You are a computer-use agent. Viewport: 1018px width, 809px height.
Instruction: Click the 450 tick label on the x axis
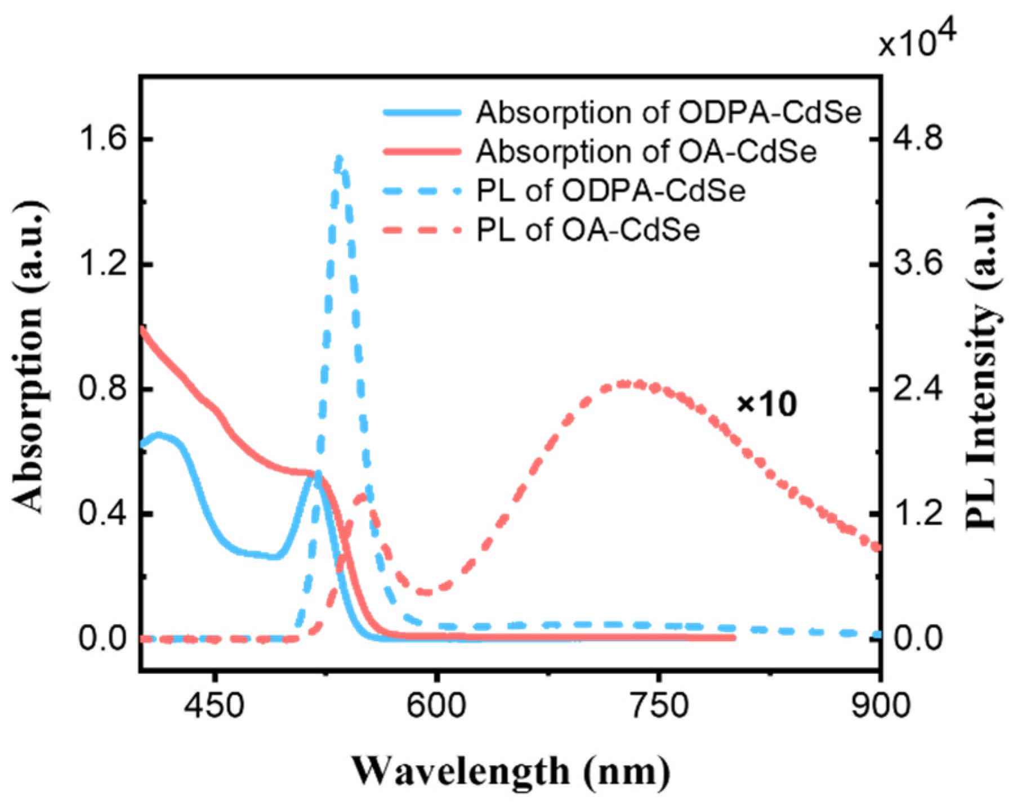click(214, 705)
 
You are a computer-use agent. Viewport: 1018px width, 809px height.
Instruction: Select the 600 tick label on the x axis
click(436, 705)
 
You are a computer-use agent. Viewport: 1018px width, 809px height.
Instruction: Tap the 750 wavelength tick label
click(658, 705)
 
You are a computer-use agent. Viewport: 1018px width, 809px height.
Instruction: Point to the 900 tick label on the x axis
click(879, 705)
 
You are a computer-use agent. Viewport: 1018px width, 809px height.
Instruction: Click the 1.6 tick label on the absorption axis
click(102, 138)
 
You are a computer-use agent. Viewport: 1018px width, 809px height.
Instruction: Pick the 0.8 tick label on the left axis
click(102, 389)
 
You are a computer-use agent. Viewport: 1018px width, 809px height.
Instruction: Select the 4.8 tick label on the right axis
click(917, 138)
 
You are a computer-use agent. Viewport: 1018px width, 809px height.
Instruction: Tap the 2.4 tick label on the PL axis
click(917, 389)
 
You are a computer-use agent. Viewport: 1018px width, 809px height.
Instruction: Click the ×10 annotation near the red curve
click(767, 404)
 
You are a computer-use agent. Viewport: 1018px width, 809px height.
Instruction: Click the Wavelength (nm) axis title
click(511, 770)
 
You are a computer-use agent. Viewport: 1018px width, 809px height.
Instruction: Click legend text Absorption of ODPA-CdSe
click(668, 113)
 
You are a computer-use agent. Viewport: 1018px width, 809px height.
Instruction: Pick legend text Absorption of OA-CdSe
click(646, 151)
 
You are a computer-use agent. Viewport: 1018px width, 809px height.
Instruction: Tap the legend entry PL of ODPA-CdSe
click(611, 191)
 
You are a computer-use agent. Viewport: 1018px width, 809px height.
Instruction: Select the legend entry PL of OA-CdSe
click(588, 230)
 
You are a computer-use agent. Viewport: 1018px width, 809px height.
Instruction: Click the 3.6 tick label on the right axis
click(917, 263)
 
